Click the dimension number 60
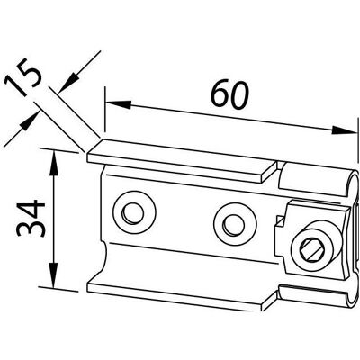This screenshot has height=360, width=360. pyautogui.click(x=230, y=94)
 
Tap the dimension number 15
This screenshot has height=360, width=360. pyautogui.click(x=23, y=81)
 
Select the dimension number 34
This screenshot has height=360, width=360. pyautogui.click(x=31, y=218)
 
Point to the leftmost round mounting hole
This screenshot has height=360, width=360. pyautogui.click(x=134, y=212)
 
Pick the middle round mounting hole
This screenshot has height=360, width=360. pyautogui.click(x=235, y=224)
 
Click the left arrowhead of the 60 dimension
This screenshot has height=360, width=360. pyautogui.click(x=119, y=104)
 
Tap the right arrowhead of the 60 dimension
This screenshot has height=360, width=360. pyautogui.click(x=345, y=130)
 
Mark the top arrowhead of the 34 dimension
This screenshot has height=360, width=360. pyautogui.click(x=53, y=164)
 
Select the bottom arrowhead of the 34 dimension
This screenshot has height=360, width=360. pyautogui.click(x=53, y=275)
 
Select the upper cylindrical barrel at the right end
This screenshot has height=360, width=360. pyautogui.click(x=318, y=180)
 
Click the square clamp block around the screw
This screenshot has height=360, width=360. pyautogui.click(x=315, y=240)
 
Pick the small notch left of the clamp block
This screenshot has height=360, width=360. pyautogui.click(x=278, y=221)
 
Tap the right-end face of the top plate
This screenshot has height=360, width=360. pyautogui.click(x=269, y=173)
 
